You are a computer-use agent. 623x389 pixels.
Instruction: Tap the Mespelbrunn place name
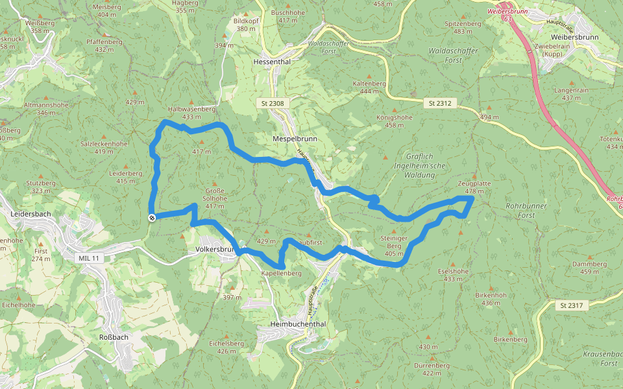click(x=295, y=138)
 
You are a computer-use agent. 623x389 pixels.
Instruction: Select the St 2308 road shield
click(x=273, y=103)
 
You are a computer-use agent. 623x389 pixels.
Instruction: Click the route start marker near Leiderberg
click(x=151, y=218)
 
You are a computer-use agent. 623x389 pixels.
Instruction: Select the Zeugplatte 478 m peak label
click(x=474, y=187)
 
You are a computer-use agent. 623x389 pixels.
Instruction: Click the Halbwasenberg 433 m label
click(x=191, y=113)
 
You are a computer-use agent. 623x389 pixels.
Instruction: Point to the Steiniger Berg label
click(x=394, y=246)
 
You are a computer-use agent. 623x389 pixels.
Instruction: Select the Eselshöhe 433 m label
click(x=454, y=275)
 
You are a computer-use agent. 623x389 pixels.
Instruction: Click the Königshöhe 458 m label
click(x=394, y=121)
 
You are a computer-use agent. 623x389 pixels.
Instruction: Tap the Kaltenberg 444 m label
click(x=369, y=88)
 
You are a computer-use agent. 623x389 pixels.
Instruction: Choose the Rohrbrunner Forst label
click(x=526, y=209)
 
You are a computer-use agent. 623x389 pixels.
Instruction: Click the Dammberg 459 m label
click(x=589, y=268)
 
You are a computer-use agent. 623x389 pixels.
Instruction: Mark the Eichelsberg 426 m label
click(x=226, y=346)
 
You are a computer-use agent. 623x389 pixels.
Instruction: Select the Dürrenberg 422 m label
click(x=432, y=369)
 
